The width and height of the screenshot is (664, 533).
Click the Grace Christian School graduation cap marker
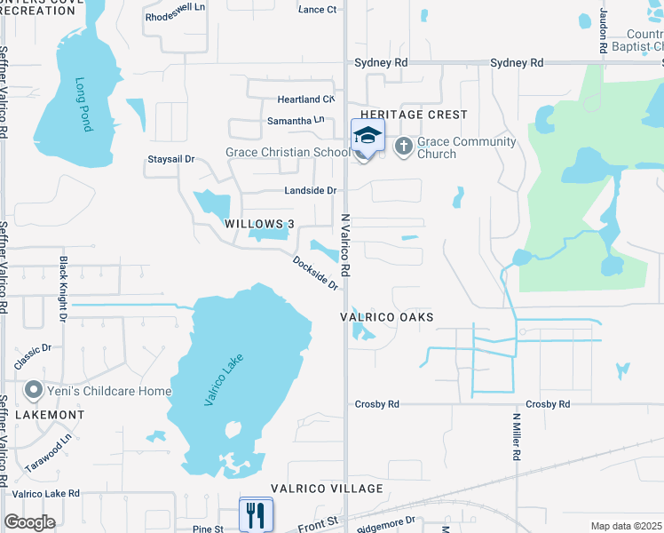pos(368,136)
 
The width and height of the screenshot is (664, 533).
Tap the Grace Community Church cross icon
pos(403,146)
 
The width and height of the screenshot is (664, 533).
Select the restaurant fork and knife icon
pos(256,514)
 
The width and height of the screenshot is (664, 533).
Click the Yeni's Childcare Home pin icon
pos(34,390)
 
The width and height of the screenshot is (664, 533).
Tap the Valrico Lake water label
pos(223,379)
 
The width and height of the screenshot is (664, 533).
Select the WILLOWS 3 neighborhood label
pos(258,224)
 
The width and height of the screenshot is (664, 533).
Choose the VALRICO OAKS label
pos(388,317)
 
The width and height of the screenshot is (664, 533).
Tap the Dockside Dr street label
pos(316,273)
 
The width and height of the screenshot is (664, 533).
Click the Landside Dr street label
pos(310,191)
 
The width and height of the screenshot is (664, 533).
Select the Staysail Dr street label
pos(170,160)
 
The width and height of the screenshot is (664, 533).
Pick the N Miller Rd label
pos(516,436)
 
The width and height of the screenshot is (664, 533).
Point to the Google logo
pos(29,522)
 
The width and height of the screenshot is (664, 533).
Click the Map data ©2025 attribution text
pos(625,526)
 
